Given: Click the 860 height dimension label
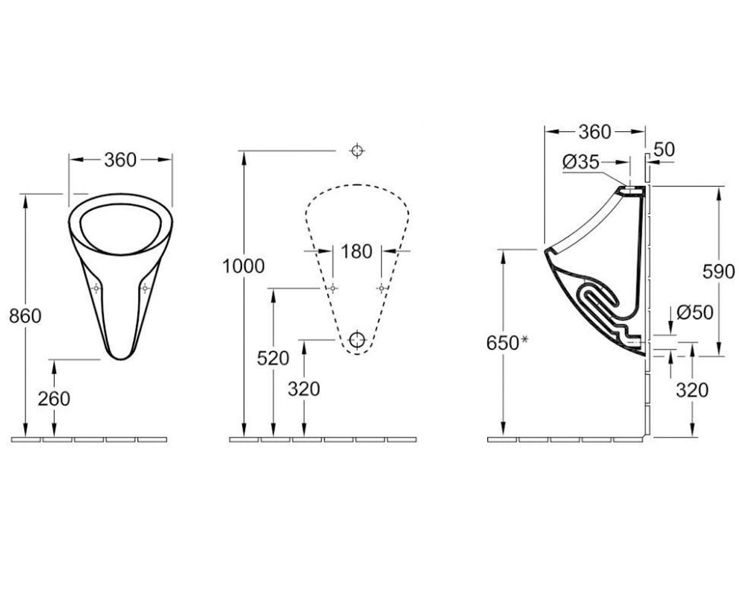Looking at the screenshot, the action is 25,316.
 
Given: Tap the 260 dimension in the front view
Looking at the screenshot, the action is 54,399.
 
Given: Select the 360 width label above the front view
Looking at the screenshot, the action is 120,160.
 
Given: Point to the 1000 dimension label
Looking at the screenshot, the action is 243,266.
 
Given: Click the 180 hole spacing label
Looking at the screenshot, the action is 357,251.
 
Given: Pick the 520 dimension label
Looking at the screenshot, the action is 273,359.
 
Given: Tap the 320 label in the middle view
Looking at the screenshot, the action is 304,389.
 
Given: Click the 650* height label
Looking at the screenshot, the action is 507,343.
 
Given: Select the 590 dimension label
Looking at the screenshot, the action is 719,272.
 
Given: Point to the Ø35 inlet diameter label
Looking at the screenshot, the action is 581,162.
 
